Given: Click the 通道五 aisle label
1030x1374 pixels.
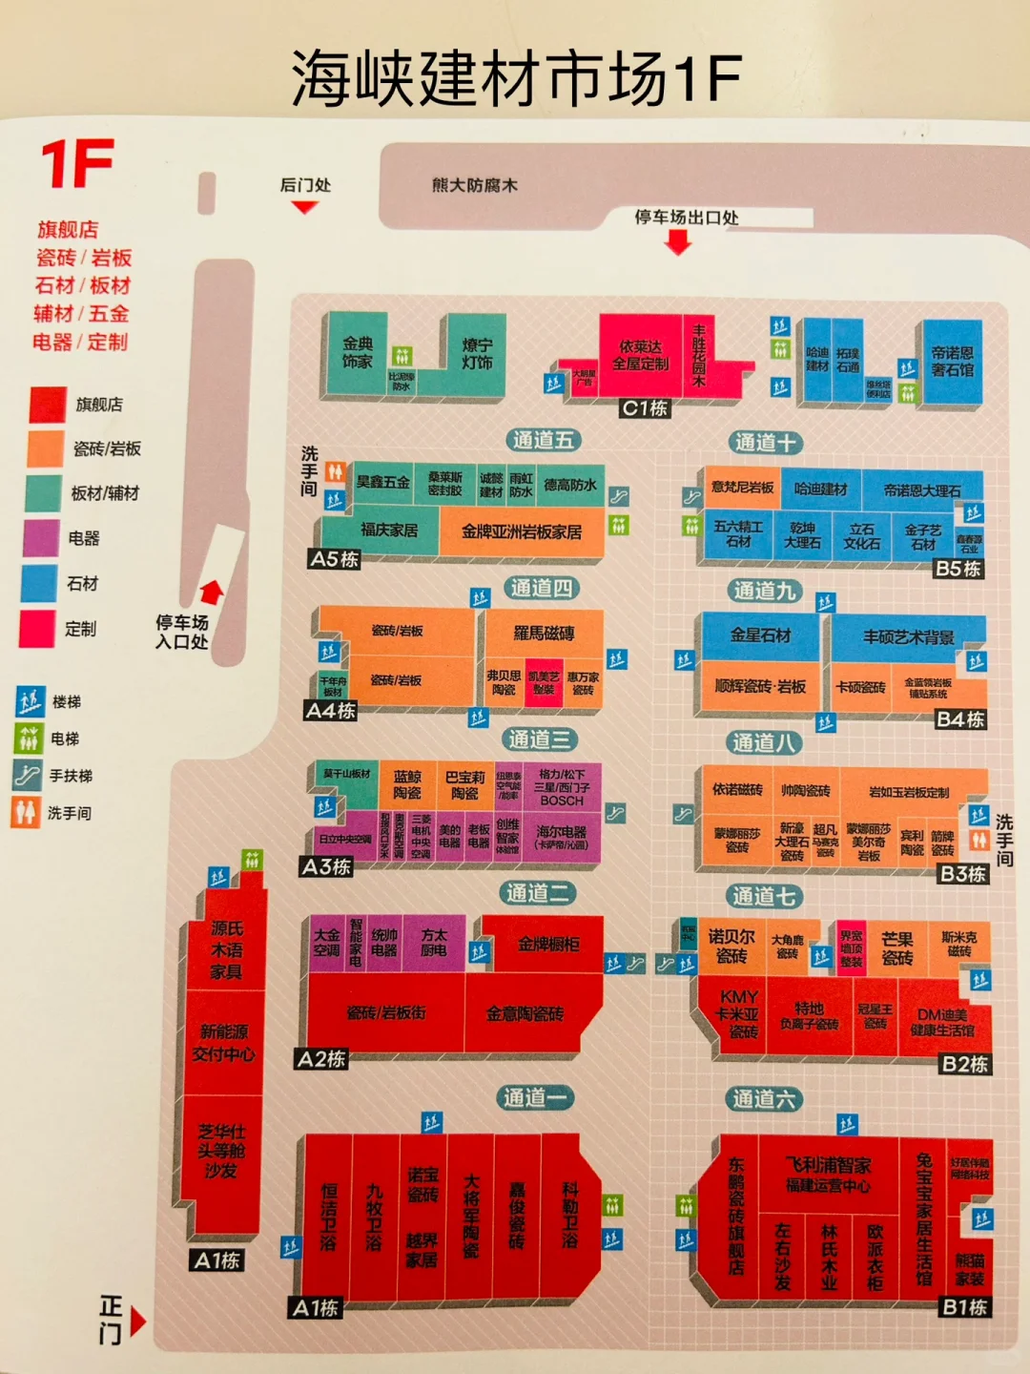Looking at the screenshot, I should pos(543,440).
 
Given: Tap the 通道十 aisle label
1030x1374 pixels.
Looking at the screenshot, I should pos(765,443).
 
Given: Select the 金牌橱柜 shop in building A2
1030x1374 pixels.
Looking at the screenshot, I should pos(548,945).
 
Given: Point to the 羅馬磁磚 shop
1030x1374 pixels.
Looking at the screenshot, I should pos(544,634).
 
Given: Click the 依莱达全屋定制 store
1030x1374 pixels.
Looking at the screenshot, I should pos(640,355).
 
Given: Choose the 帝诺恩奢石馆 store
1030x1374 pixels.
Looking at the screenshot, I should pos(952,362).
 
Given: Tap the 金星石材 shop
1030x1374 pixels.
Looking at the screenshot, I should pos(760,635).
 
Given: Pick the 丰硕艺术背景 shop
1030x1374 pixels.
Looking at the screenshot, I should pos(908,637).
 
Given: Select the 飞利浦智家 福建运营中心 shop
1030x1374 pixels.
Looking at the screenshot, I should pos(828,1175).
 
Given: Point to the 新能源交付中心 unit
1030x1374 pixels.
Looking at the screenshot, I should pos(224,1043).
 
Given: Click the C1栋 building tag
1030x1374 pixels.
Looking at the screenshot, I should pos(645,408).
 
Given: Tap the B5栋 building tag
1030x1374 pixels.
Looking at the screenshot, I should pos(958,569).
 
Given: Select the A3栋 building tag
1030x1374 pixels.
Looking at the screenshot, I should pos(326,866).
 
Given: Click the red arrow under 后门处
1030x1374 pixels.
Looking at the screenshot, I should pos(304,206).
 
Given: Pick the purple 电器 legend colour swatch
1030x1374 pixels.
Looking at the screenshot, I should pos(41,538).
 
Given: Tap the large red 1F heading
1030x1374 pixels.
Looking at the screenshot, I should pos(77,164).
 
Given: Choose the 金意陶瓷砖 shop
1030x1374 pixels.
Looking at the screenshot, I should pos(525,1014).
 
